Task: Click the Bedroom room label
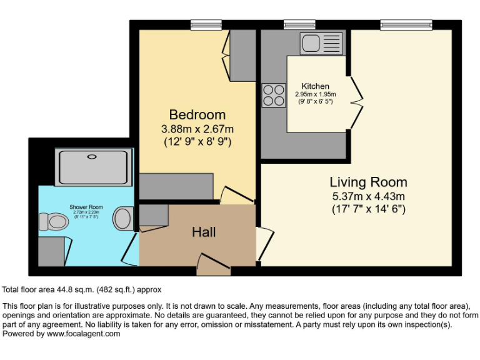click(x=197, y=115)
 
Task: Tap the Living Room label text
click(x=368, y=182)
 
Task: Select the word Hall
click(x=204, y=232)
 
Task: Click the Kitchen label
click(x=315, y=86)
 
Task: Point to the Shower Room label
click(x=86, y=207)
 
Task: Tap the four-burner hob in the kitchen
click(x=273, y=95)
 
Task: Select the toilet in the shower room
click(x=53, y=221)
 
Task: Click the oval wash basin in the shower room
click(x=123, y=219)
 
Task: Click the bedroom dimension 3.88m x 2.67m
click(x=197, y=129)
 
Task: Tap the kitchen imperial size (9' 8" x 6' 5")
click(x=315, y=102)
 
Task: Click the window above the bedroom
click(x=206, y=24)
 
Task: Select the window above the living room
click(x=406, y=24)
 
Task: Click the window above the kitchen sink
click(x=299, y=24)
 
